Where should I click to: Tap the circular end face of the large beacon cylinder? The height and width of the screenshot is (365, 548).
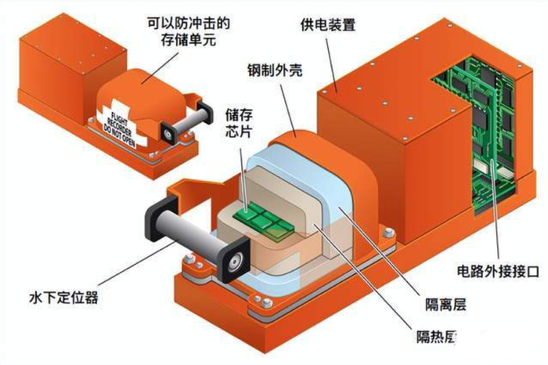[x=234, y=260]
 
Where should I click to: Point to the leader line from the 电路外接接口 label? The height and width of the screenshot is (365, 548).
[x=495, y=219]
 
